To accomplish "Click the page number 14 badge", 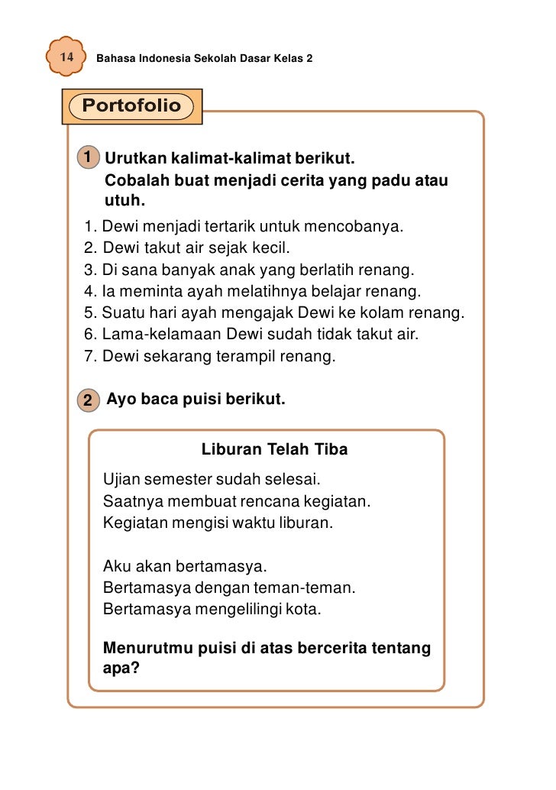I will click(66, 57).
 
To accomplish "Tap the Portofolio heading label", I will click(131, 105).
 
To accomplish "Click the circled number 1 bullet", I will click(89, 158).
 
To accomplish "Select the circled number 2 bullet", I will click(89, 399).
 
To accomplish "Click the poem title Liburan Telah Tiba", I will click(274, 449).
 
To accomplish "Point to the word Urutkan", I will click(134, 160).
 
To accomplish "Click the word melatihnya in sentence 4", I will click(253, 291).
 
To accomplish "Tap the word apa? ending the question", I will click(121, 669).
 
